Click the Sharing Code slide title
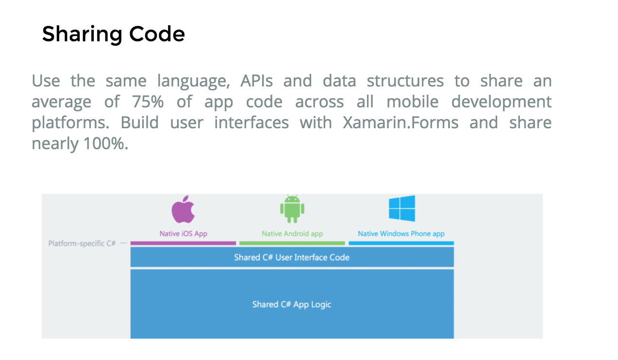point(113,34)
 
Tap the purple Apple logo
point(183,210)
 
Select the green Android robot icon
point(292,209)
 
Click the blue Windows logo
point(401,208)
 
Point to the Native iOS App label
point(183,234)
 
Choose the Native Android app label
point(292,234)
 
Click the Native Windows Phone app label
point(401,234)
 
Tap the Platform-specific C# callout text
point(82,243)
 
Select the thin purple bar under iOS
point(183,243)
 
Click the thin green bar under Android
point(292,243)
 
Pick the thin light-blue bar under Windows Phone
point(401,243)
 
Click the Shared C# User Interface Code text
point(292,257)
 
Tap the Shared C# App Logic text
point(292,305)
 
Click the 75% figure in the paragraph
point(148,102)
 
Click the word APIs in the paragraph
point(256,81)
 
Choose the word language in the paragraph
point(193,81)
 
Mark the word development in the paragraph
point(501,102)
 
